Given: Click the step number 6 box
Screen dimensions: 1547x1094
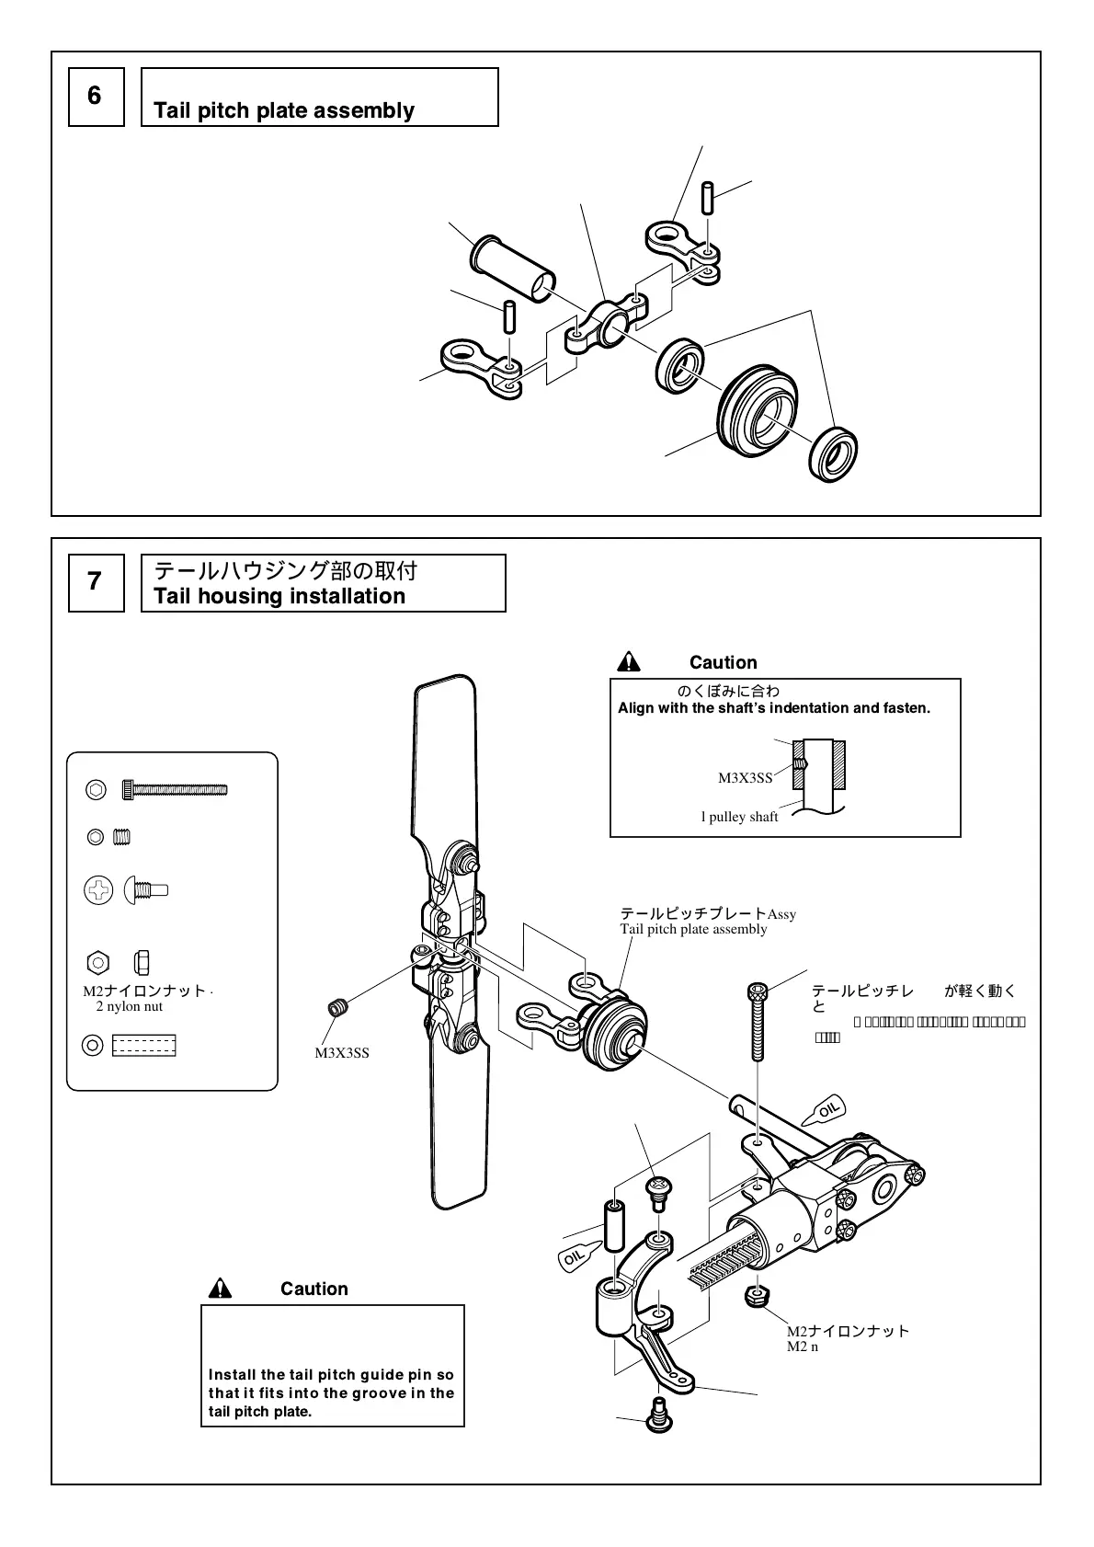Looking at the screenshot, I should pos(96,97).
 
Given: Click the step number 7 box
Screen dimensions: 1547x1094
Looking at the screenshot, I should pos(96,582).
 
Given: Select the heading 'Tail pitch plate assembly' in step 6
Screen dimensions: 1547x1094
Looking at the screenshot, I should pos(283,111).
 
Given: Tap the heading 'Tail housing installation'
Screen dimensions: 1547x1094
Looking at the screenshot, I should pos(279,596).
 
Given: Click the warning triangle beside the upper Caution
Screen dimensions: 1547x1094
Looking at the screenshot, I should pos(629,662).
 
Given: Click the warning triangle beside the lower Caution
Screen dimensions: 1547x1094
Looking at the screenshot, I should pos(220,1289).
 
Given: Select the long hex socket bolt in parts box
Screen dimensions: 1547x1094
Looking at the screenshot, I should pos(179,789).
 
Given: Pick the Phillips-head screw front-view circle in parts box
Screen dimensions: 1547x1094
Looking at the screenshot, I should pos(98,889).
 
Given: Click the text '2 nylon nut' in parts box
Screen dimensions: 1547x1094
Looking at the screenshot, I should pos(129,1006).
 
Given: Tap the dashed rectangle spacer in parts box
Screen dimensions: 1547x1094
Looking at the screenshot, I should pos(143,1046).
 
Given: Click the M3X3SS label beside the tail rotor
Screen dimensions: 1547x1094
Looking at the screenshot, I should pos(342,1053).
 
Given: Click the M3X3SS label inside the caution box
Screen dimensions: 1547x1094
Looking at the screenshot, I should pos(745,778).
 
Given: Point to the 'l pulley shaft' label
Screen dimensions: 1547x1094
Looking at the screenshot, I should pos(739,817).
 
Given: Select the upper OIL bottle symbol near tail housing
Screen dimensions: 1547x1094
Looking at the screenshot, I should pos(823,1113).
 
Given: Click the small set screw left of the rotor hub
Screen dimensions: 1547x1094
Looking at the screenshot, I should pos(339,1008).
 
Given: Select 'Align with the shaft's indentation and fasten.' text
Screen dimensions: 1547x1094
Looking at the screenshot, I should pos(774,708).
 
